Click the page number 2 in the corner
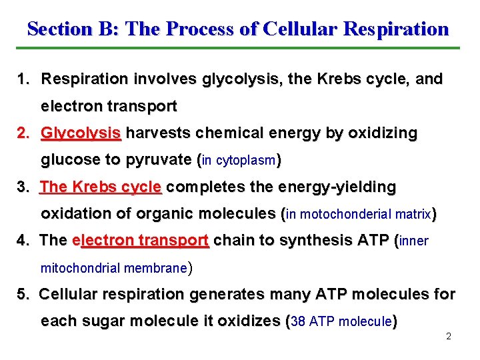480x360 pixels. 449,336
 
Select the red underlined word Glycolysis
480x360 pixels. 81,133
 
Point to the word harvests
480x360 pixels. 157,133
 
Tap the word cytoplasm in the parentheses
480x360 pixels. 247,161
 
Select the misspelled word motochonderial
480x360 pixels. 347,215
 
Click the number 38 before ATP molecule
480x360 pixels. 299,322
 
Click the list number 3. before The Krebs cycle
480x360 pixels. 23,187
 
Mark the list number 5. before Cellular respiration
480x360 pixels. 23,294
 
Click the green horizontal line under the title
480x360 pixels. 237,48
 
